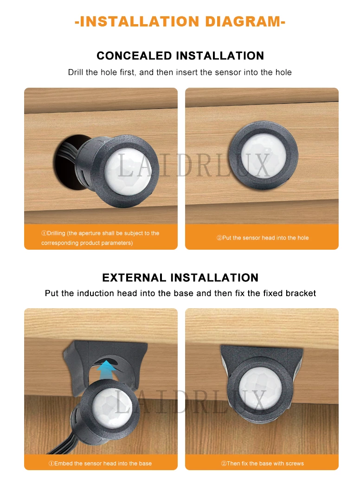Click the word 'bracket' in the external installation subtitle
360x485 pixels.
point(301,293)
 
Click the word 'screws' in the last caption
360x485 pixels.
point(295,463)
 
